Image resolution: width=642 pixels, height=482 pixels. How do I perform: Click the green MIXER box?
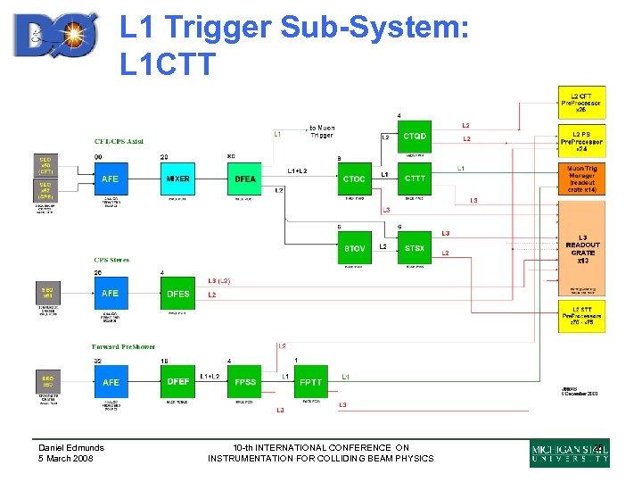177,179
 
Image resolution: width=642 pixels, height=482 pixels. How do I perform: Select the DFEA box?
245,179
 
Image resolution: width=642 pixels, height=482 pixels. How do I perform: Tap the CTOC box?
354,179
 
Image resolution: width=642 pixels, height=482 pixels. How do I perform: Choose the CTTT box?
415,179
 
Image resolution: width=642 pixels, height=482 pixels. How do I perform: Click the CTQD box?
415,137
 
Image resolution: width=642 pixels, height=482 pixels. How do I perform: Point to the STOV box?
354,247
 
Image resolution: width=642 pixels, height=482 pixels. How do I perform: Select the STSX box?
415,247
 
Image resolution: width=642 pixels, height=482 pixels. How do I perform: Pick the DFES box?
177,293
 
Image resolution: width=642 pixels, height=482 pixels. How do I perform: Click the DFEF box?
177,382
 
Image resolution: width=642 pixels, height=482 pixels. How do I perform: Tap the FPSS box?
245,382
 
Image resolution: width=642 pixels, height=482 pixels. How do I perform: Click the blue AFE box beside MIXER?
111,179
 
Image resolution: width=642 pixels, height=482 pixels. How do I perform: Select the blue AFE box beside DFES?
111,293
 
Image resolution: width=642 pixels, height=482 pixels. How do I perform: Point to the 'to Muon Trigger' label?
322,131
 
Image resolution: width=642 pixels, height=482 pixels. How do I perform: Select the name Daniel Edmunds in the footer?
71,447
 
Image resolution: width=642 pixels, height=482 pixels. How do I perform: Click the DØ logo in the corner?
55,35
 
